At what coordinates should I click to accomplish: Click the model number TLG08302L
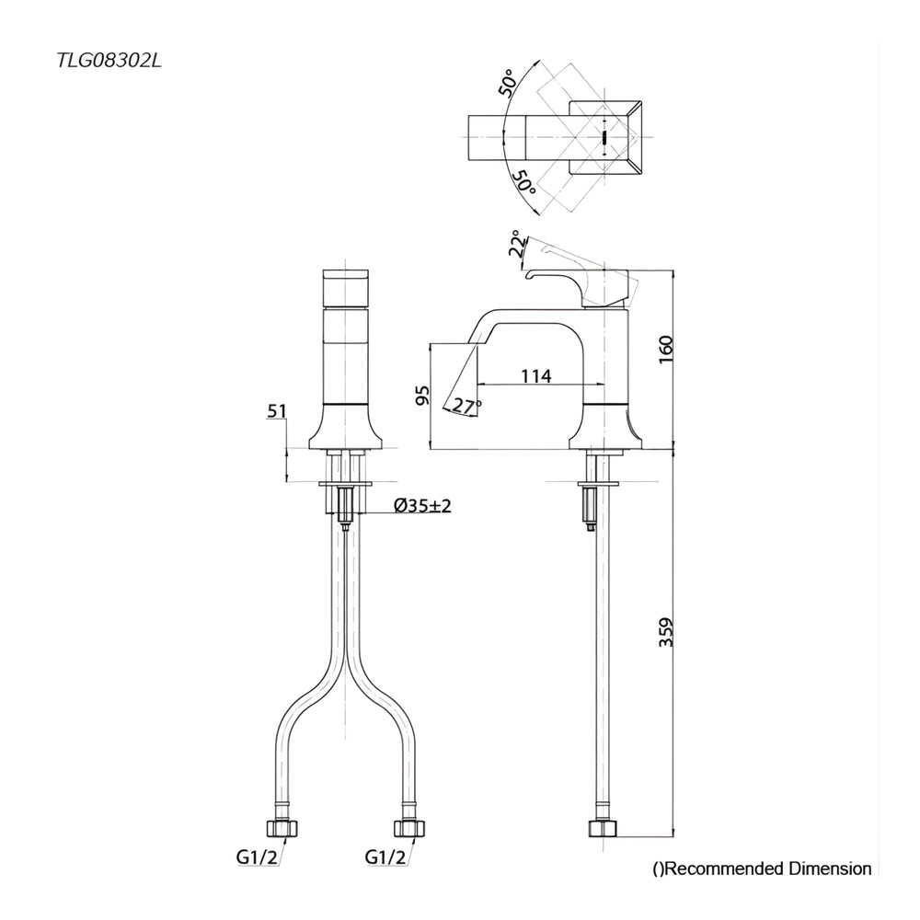(109, 61)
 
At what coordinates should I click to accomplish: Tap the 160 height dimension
(666, 350)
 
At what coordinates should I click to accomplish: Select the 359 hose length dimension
(666, 632)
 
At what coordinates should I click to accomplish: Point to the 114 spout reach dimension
(536, 375)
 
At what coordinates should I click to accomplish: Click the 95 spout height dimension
(422, 395)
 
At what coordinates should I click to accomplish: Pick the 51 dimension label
(277, 410)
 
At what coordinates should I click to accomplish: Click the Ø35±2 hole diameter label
(422, 505)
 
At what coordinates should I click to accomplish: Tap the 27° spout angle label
(467, 406)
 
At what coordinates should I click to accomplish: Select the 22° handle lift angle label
(518, 244)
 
